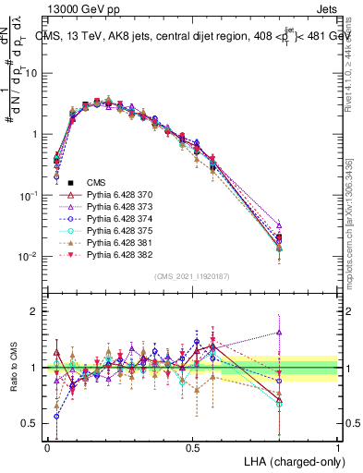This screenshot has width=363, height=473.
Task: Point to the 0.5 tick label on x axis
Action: point(192,445)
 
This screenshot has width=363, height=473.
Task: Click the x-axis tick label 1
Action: point(338,445)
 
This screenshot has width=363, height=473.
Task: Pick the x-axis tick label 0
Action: point(47,445)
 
